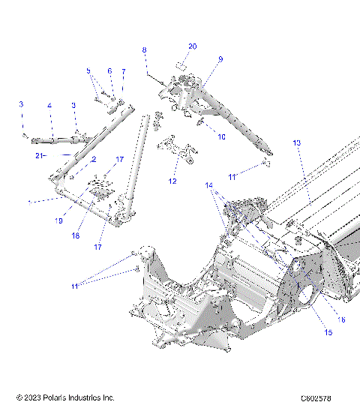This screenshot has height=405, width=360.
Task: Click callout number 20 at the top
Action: click(192, 46)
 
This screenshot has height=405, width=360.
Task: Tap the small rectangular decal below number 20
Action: click(180, 65)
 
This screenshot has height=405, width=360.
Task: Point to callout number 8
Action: click(145, 49)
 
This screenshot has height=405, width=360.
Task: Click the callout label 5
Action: click(88, 71)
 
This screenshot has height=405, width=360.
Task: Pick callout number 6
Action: click(109, 71)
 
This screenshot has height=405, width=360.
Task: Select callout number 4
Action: click(49, 105)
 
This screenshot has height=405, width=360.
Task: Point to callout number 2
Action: click(94, 160)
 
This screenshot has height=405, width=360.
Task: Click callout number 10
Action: click(220, 137)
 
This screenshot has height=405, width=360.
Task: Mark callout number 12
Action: click(174, 181)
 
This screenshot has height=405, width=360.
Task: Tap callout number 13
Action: click(296, 142)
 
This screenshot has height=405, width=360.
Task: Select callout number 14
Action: click(209, 184)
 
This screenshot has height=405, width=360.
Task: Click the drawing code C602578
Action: click(316, 397)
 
